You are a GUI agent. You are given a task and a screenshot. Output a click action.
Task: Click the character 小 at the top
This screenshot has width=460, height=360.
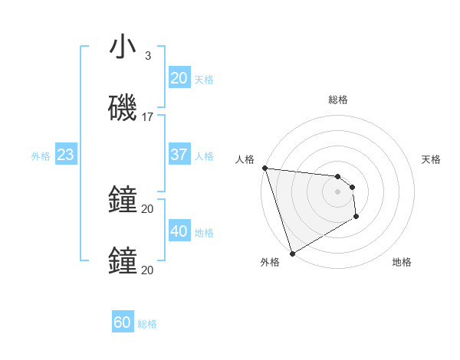coord(123,47)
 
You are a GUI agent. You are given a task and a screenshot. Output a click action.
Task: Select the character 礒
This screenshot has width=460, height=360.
coord(123,108)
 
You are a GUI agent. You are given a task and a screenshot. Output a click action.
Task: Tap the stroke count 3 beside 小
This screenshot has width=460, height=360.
coord(148,56)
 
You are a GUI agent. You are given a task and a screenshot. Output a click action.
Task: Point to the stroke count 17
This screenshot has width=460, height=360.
coord(148,117)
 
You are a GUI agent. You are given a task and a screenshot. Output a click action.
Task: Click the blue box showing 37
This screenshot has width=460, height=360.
coord(179,155)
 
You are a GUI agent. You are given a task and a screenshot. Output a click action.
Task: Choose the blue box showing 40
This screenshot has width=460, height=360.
coord(179,231)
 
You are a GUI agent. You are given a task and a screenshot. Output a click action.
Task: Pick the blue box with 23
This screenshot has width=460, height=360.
coord(65,155)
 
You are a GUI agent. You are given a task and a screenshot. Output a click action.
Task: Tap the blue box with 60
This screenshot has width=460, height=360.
coord(122,322)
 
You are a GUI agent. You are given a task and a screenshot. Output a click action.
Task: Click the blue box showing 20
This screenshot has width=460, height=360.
coord(179,78)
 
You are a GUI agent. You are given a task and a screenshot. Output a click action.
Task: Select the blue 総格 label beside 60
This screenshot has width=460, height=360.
coord(147,324)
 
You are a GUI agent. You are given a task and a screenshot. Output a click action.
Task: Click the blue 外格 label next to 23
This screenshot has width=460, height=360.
coord(41,156)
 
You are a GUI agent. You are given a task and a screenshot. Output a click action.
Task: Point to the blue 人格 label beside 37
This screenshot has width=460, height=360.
coord(204,156)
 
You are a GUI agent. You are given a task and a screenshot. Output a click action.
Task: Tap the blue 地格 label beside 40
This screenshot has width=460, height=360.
coord(204,233)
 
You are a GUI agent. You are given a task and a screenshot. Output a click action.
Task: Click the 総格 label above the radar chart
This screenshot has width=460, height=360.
coord(338,100)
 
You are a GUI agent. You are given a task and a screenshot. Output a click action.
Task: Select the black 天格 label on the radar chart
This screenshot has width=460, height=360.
coord(431,159)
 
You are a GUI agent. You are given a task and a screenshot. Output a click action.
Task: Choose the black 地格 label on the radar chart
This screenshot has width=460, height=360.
coord(402,262)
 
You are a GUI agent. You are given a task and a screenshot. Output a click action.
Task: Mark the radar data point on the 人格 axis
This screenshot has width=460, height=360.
coord(264,168)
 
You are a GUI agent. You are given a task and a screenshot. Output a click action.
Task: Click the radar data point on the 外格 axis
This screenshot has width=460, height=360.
coord(292,253)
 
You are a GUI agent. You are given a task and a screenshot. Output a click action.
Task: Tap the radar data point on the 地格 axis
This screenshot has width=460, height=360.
coord(356,218)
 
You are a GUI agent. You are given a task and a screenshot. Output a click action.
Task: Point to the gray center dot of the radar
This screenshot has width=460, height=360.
coord(337,191)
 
